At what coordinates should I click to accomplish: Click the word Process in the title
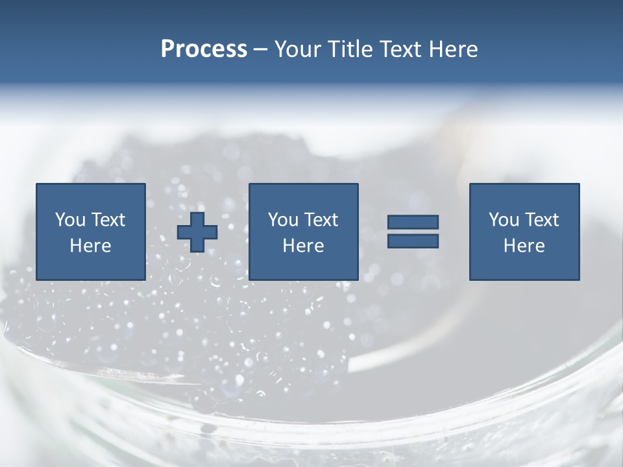coord(204,49)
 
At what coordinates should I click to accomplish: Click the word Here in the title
coord(454,49)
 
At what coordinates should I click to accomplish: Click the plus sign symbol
coord(197,232)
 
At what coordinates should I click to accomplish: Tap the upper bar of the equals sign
coord(413,222)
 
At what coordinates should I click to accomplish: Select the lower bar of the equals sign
coord(413,241)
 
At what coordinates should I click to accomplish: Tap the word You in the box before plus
coord(69,220)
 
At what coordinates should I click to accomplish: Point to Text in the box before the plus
coord(107,220)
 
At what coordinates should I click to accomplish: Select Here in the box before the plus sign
coord(90,246)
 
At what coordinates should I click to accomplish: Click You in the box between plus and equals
coord(282,220)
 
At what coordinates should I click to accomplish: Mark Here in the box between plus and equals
coord(303,246)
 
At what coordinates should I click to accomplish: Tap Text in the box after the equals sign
coord(541,220)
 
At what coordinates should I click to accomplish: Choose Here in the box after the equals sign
coord(524,246)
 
